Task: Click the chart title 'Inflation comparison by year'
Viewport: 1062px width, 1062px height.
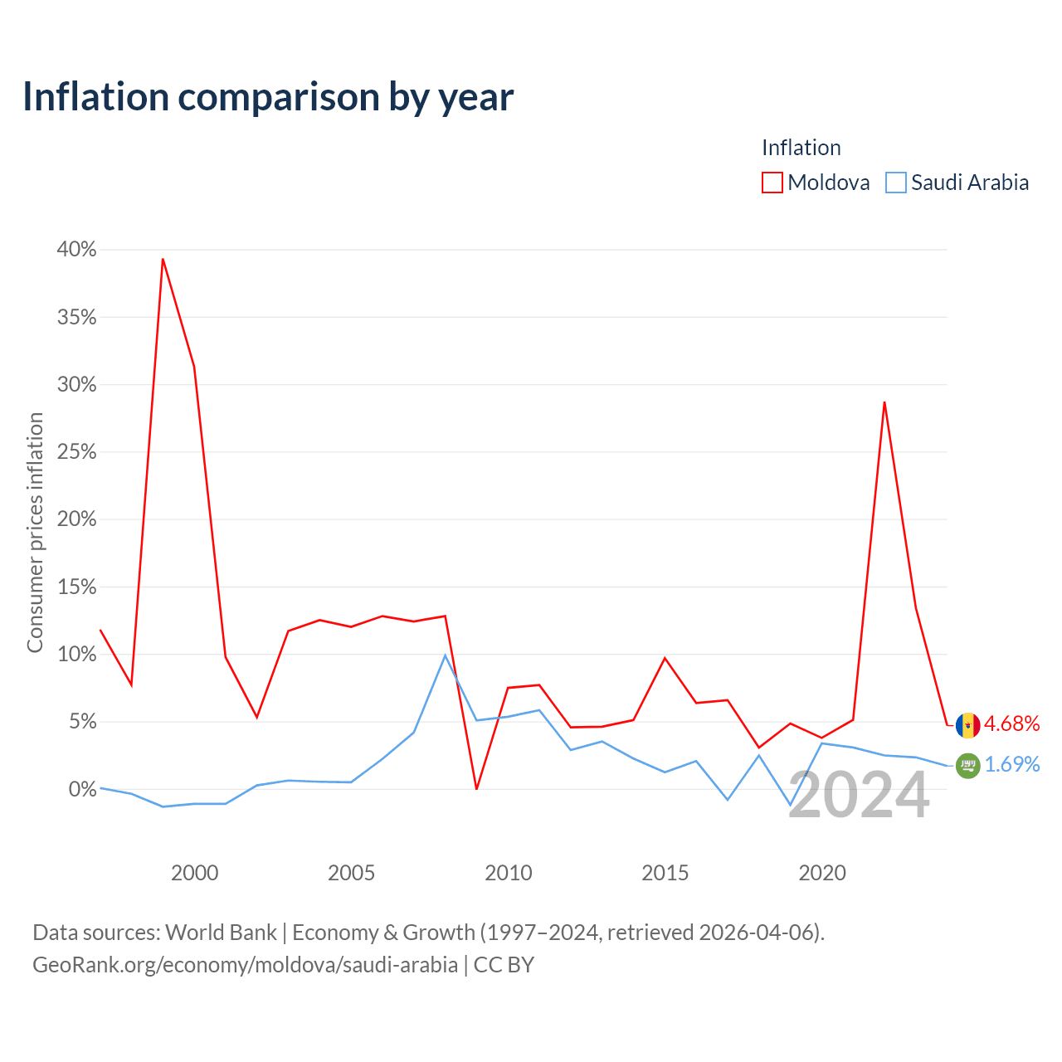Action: click(x=268, y=97)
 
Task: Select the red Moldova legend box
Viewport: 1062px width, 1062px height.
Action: click(x=772, y=183)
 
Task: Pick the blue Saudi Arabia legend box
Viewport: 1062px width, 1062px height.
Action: click(x=895, y=183)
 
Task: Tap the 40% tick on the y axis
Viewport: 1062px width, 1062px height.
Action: click(x=76, y=249)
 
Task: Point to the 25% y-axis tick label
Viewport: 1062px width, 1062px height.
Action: click(x=76, y=452)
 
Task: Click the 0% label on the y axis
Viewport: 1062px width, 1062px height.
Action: click(x=83, y=789)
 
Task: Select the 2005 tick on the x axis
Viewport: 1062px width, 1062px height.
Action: click(x=351, y=873)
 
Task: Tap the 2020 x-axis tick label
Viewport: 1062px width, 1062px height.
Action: click(x=821, y=873)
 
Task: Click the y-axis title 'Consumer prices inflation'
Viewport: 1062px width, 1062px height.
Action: click(x=35, y=533)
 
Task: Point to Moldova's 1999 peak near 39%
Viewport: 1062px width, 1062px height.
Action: click(x=163, y=259)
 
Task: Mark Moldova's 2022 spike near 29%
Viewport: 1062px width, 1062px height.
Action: click(x=884, y=402)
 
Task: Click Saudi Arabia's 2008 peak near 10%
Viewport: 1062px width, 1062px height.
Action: click(x=446, y=655)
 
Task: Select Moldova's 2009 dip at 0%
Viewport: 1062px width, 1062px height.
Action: click(x=476, y=789)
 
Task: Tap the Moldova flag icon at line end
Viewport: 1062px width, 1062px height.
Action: click(x=967, y=725)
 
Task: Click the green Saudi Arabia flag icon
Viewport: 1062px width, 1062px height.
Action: click(x=967, y=766)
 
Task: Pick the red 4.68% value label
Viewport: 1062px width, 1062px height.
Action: click(x=1012, y=723)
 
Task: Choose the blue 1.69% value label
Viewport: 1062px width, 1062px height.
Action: click(x=1012, y=764)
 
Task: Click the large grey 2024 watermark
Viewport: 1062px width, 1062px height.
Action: click(x=859, y=795)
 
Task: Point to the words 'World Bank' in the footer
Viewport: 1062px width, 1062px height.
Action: click(x=221, y=933)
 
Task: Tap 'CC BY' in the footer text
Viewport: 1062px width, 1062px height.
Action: click(x=504, y=965)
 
